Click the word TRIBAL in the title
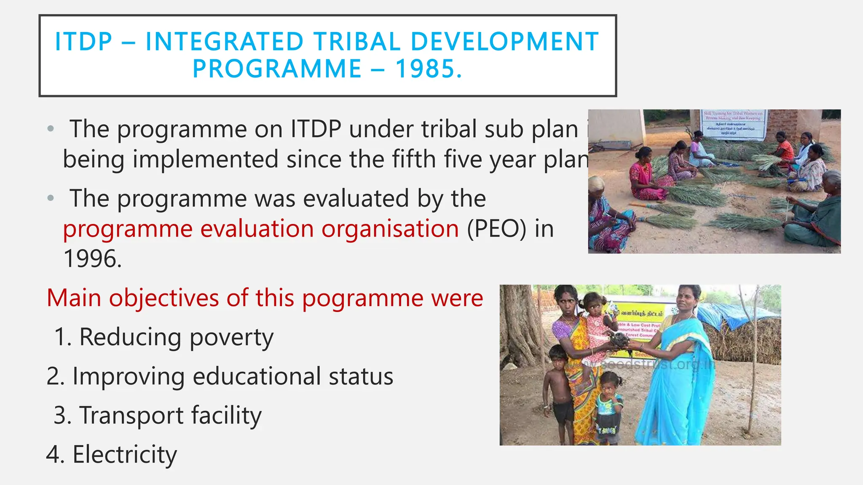click(x=357, y=42)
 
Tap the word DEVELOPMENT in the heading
click(x=504, y=42)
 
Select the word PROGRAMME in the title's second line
click(x=277, y=69)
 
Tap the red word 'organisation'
click(x=390, y=229)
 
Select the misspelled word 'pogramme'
click(x=363, y=298)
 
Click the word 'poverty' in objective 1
click(x=231, y=337)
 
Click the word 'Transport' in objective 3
click(x=131, y=415)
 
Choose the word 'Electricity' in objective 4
click(x=125, y=454)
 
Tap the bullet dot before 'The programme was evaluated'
click(x=51, y=198)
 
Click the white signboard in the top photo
click(x=733, y=124)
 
